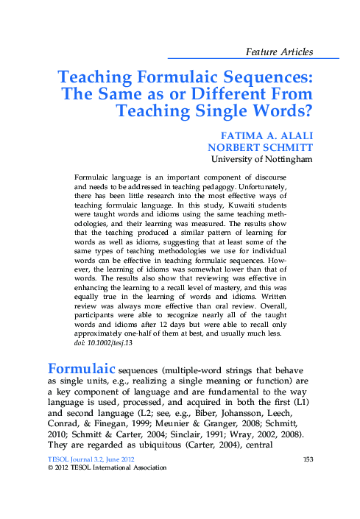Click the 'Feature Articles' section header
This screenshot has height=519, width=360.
click(280, 52)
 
